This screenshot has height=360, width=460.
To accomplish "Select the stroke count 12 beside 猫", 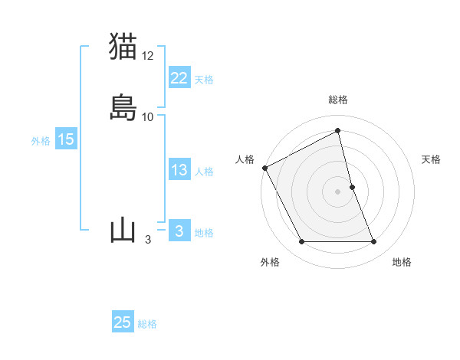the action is click(x=148, y=55).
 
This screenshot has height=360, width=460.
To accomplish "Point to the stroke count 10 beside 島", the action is click(x=148, y=117).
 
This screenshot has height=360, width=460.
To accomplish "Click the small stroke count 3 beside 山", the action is click(x=147, y=240).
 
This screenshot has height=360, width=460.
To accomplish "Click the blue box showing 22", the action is click(x=179, y=78).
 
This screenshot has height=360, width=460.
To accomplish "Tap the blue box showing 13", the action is click(x=179, y=170).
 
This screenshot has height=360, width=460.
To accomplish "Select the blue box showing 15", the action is click(x=66, y=139).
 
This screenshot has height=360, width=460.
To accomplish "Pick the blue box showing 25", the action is click(x=123, y=322).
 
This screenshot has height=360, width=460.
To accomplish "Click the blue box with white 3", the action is click(x=179, y=231).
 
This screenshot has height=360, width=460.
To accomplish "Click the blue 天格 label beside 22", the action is click(x=204, y=80).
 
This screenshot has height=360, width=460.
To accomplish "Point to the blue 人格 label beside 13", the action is click(x=204, y=172).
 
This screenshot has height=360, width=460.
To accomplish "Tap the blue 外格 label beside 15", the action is click(x=41, y=141).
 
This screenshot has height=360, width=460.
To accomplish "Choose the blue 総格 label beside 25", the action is click(x=147, y=324).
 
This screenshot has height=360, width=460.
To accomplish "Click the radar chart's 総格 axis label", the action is click(x=338, y=100).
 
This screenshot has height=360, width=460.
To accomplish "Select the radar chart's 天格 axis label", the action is click(x=432, y=159).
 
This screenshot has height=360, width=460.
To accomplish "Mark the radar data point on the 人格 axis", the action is click(x=264, y=168).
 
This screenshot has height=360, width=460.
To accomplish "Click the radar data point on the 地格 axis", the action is click(x=374, y=242).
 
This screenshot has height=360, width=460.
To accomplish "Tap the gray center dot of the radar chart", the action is click(x=338, y=191).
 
